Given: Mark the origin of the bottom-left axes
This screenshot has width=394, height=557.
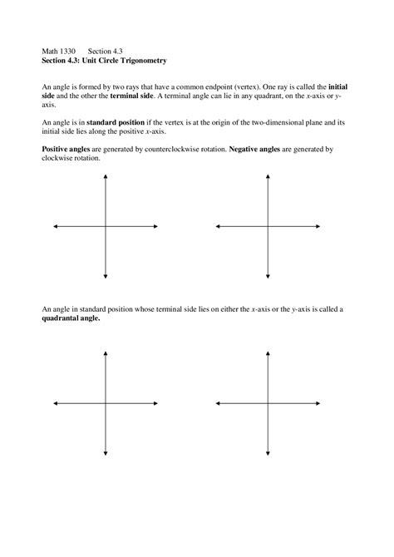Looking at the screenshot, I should click(106, 403).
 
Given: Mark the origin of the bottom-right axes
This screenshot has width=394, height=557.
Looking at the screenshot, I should click(268, 403).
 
